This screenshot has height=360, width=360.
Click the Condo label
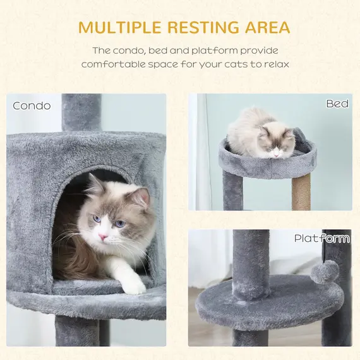tap(32, 105)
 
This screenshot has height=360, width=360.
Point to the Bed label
tap(337, 104)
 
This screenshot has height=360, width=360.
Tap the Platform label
tap(321, 238)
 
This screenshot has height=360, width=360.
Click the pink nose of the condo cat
tap(102, 237)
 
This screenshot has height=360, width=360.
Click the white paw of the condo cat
tap(133, 285)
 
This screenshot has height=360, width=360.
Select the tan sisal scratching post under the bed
tap(301, 193)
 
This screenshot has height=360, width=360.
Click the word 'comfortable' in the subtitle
tap(114, 64)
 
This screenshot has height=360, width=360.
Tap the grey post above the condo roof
tap(81, 112)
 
